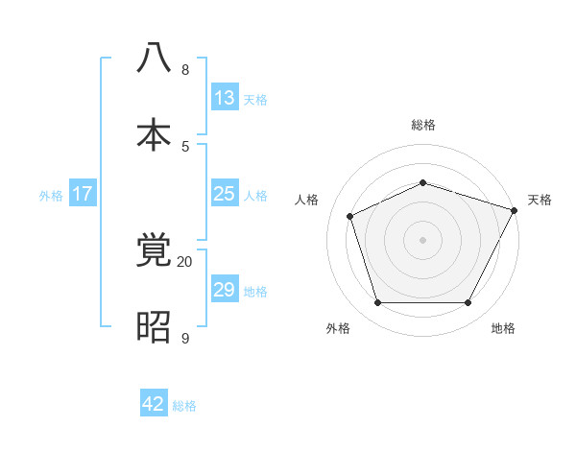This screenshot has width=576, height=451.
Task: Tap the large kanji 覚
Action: [154, 251]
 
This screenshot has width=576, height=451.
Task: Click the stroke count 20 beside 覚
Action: [185, 261]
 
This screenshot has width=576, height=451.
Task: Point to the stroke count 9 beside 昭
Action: [185, 338]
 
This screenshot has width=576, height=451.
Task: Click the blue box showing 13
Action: [225, 98]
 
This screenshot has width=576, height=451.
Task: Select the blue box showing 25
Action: [225, 194]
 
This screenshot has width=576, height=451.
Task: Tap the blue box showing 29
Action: [225, 290]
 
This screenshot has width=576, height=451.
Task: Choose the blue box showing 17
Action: [83, 194]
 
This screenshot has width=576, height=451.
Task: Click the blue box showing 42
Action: [154, 404]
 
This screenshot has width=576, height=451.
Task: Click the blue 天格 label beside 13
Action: [255, 99]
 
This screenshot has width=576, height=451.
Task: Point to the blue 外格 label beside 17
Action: [51, 195]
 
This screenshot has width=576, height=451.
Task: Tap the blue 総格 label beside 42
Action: [184, 405]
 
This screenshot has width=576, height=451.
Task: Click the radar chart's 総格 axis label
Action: [422, 125]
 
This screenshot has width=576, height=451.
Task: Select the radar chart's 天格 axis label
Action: [540, 200]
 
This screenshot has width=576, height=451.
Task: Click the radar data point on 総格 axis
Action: [422, 182]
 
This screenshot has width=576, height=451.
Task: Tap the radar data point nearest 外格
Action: [377, 303]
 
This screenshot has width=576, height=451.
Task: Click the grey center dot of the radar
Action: [422, 240]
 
